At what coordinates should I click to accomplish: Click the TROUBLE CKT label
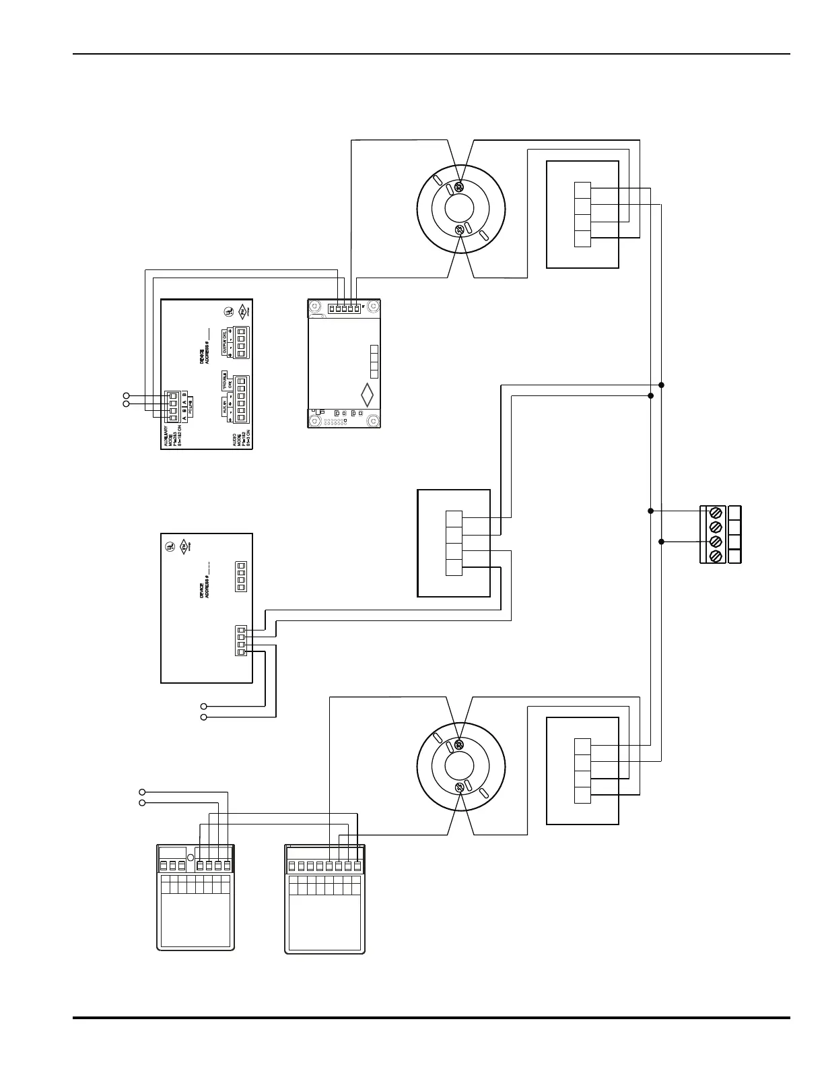[x=228, y=382]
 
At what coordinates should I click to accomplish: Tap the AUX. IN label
[x=225, y=407]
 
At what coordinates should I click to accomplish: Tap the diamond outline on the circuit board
[x=367, y=394]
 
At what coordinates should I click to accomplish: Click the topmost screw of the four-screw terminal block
[x=716, y=512]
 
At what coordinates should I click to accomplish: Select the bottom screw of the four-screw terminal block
[x=716, y=556]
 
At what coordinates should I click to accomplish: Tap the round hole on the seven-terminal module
[x=191, y=858]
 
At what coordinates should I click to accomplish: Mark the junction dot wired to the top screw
[x=650, y=511]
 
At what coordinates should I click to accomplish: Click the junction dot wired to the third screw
[x=661, y=542]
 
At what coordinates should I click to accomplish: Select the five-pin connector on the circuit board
[x=344, y=308]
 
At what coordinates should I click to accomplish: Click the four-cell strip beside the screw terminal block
[x=734, y=534]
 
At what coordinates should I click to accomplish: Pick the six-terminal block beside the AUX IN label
[x=240, y=399]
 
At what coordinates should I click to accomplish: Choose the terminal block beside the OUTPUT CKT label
[x=240, y=342]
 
